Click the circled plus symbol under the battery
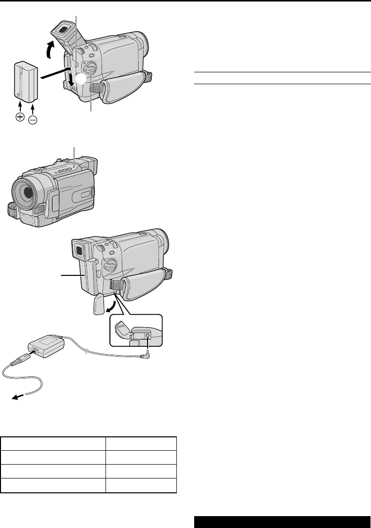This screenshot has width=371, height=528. pyautogui.click(x=20, y=117)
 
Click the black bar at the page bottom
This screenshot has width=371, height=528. pyautogui.click(x=281, y=520)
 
